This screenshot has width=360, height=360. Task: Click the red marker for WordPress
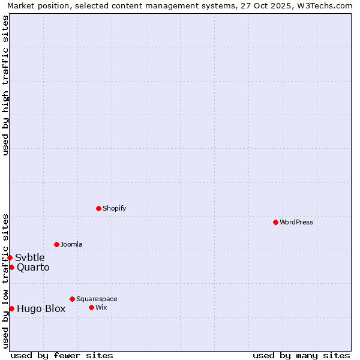click(275, 222)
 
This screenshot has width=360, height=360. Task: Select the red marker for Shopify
click(98, 208)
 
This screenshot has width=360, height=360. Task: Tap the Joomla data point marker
click(56, 244)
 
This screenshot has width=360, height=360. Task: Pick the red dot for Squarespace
click(72, 299)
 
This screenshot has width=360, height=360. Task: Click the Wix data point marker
click(91, 307)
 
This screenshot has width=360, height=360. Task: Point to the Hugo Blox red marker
click(11, 308)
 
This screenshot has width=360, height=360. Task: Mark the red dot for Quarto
click(11, 267)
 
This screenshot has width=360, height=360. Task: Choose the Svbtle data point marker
click(10, 257)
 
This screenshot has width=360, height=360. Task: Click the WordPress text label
click(296, 222)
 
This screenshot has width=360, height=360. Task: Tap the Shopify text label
click(114, 208)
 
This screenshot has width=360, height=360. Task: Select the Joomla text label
click(71, 244)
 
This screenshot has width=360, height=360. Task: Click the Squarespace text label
click(97, 299)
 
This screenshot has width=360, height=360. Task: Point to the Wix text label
click(101, 307)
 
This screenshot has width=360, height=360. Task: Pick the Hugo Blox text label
click(41, 309)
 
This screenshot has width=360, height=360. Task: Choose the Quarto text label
click(33, 268)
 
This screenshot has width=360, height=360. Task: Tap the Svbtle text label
click(30, 258)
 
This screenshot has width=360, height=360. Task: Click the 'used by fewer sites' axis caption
click(62, 355)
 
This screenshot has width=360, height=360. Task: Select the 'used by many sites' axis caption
click(301, 355)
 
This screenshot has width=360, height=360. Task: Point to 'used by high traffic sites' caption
click(5, 85)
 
